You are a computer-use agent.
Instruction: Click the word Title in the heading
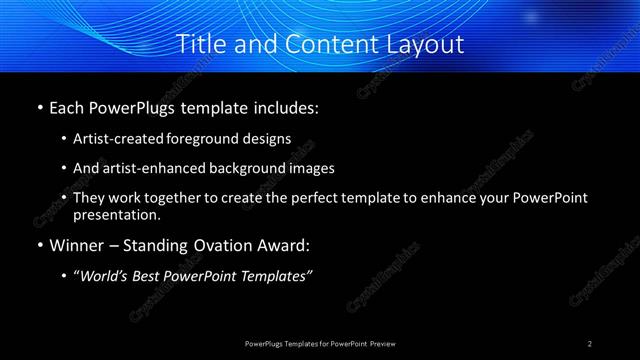pos(201,45)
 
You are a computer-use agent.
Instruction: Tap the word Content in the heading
pos(323,45)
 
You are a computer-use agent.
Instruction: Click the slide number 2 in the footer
pos(591,343)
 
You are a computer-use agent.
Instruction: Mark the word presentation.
pos(116,214)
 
